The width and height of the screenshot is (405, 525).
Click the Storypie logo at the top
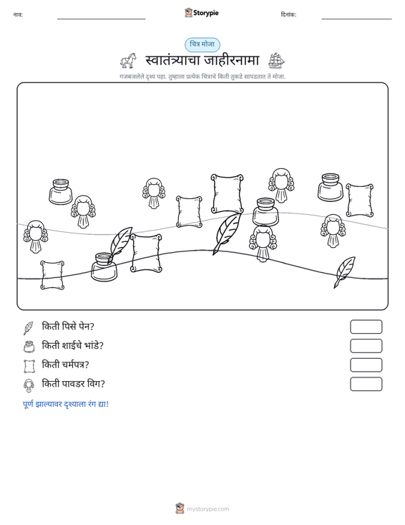click(x=202, y=13)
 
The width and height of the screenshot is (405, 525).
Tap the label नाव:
click(x=18, y=15)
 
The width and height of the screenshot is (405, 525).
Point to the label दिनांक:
click(x=288, y=15)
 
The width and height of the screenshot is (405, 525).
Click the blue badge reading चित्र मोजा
click(x=202, y=44)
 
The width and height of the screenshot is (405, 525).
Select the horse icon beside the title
click(x=128, y=61)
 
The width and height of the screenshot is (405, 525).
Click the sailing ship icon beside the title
click(x=276, y=61)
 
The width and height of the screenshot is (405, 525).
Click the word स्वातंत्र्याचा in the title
click(x=172, y=61)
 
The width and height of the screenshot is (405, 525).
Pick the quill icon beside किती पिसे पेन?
click(x=29, y=328)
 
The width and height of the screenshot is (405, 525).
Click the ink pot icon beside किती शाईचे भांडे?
click(x=29, y=347)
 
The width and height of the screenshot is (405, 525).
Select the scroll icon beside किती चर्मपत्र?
click(x=29, y=366)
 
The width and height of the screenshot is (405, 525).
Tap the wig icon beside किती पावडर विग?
click(x=29, y=385)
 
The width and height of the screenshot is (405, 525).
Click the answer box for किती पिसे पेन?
click(x=366, y=327)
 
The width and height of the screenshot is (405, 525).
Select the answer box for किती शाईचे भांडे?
click(x=366, y=346)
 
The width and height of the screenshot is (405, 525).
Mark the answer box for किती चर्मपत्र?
click(x=366, y=365)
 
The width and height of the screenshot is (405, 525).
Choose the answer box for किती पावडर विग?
click(x=366, y=384)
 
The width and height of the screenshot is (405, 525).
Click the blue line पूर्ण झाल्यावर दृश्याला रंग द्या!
click(x=66, y=404)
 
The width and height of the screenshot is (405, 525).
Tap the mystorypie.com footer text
click(x=208, y=509)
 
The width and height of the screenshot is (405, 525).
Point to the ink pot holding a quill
click(x=104, y=268)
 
